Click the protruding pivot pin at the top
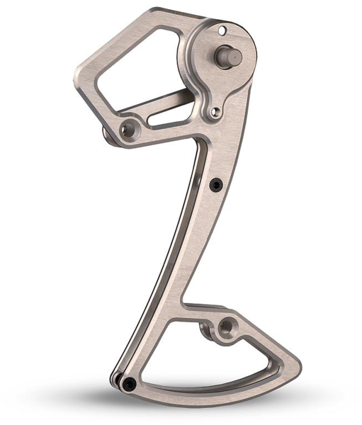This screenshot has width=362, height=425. (x=230, y=55)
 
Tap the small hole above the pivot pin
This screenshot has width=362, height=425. (x=222, y=30)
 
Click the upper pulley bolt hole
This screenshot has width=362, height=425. (x=128, y=130)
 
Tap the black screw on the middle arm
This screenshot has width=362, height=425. (x=217, y=185)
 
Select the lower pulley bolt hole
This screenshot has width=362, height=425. (x=226, y=327)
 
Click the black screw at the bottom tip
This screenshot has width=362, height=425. (x=128, y=384)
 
